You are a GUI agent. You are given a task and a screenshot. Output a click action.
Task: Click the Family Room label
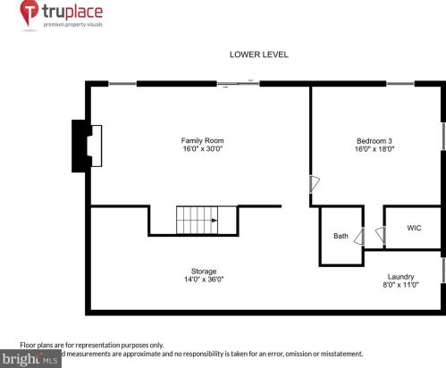202,140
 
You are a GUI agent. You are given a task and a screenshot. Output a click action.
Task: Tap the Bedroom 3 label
375,140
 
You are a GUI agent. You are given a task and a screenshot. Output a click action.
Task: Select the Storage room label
204,271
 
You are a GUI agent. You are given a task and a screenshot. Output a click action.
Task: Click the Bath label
341,237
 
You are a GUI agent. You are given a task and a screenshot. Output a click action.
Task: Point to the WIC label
414,229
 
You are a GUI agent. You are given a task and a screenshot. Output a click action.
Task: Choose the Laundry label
400,276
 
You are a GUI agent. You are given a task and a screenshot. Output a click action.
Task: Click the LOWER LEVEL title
258,55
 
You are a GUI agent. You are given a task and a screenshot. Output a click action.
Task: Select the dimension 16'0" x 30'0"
202,149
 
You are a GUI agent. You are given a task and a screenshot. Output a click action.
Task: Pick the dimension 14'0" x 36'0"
204,280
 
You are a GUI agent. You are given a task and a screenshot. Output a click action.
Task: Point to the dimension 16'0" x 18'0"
375,149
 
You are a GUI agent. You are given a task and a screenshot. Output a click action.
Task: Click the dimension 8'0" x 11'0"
400,285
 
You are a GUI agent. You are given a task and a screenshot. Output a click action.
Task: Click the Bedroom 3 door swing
313,184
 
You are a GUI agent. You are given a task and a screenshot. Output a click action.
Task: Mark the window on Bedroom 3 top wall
400,84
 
